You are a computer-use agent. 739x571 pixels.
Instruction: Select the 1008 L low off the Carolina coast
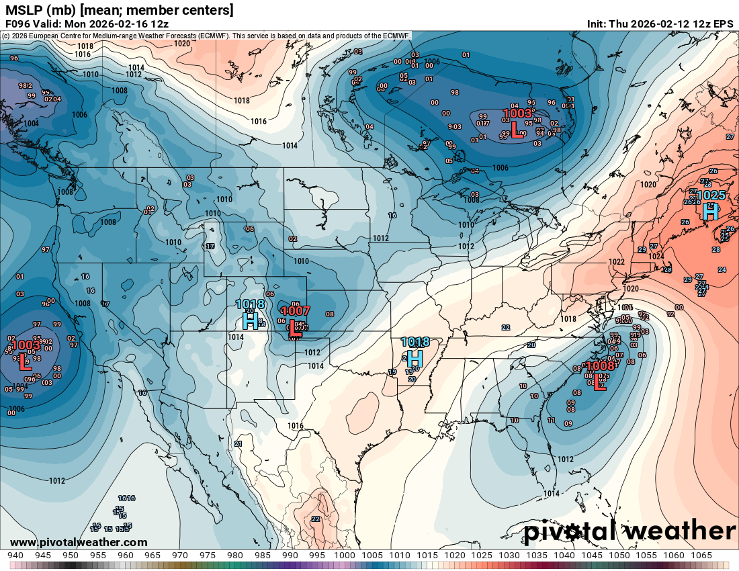pos(598,375)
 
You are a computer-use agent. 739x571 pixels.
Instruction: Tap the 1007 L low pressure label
pos(295,319)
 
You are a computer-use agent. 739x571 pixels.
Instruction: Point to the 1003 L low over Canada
pos(517,122)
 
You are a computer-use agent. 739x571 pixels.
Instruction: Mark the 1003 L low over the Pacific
pos(26,353)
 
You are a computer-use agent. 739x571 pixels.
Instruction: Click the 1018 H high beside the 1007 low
pos(251,313)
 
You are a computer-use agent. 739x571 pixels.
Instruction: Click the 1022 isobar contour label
pos(616,262)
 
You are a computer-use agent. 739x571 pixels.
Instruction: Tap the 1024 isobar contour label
pos(656,256)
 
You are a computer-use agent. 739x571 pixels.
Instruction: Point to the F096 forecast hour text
pos(17,24)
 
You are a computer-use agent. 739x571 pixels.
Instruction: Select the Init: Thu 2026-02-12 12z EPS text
pos(660,24)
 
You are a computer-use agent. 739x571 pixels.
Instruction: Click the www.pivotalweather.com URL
pos(79,542)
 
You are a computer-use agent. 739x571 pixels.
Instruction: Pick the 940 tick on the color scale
pos(15,556)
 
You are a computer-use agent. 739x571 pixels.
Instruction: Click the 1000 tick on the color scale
pos(345,556)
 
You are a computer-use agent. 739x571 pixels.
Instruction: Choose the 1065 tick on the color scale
pos(701,556)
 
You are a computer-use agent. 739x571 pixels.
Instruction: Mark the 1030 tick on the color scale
pos(509,556)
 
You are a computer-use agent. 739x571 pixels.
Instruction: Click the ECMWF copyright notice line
pos(207,35)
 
